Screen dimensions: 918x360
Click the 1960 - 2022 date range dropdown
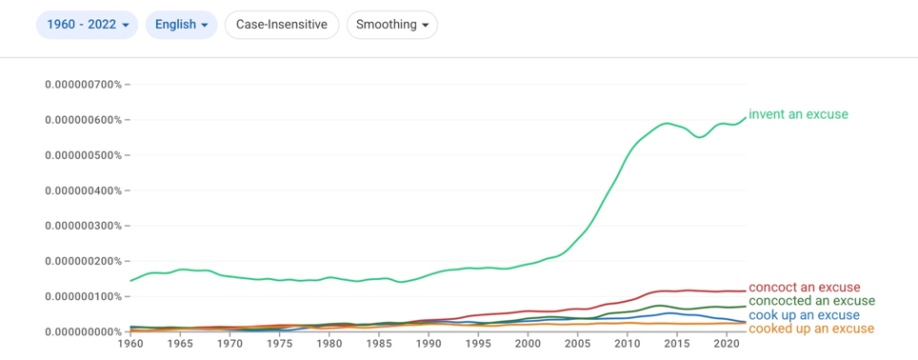tap(87, 25)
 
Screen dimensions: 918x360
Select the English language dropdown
tap(181, 25)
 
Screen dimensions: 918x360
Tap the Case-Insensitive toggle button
tap(282, 25)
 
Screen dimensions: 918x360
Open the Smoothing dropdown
tap(392, 25)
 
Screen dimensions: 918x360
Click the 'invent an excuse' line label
tap(798, 114)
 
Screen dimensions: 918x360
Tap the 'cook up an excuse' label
tap(805, 315)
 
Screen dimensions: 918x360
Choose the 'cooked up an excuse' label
tap(811, 329)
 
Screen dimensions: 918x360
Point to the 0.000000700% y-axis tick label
tap(83, 85)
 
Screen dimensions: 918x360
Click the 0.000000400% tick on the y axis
tap(83, 190)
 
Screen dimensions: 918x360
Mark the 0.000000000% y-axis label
tap(83, 331)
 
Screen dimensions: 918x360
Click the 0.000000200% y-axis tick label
tap(83, 261)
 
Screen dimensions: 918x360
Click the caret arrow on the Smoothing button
tap(425, 25)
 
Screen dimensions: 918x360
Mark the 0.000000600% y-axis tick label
tap(83, 120)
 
